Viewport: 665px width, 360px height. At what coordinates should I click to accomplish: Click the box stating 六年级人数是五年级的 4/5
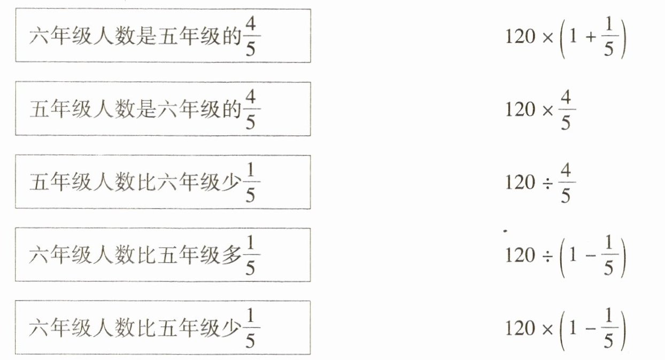coord(163,35)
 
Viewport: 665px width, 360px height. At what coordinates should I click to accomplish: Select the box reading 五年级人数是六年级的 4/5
coord(163,109)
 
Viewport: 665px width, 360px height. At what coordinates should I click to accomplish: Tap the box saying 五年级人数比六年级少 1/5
coord(163,182)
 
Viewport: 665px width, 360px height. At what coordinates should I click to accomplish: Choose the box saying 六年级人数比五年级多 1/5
coord(163,255)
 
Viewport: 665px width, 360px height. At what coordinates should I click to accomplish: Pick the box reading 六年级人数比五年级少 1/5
coord(163,327)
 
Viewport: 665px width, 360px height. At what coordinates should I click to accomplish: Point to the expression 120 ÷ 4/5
coord(540,182)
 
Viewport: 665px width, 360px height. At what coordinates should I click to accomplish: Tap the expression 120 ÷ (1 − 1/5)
coord(565,255)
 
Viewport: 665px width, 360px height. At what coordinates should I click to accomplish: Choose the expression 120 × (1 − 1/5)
coord(565,328)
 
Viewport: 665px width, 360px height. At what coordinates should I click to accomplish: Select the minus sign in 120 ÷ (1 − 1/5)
coord(589,256)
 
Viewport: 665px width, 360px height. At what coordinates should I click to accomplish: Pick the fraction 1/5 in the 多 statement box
coord(250,255)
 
